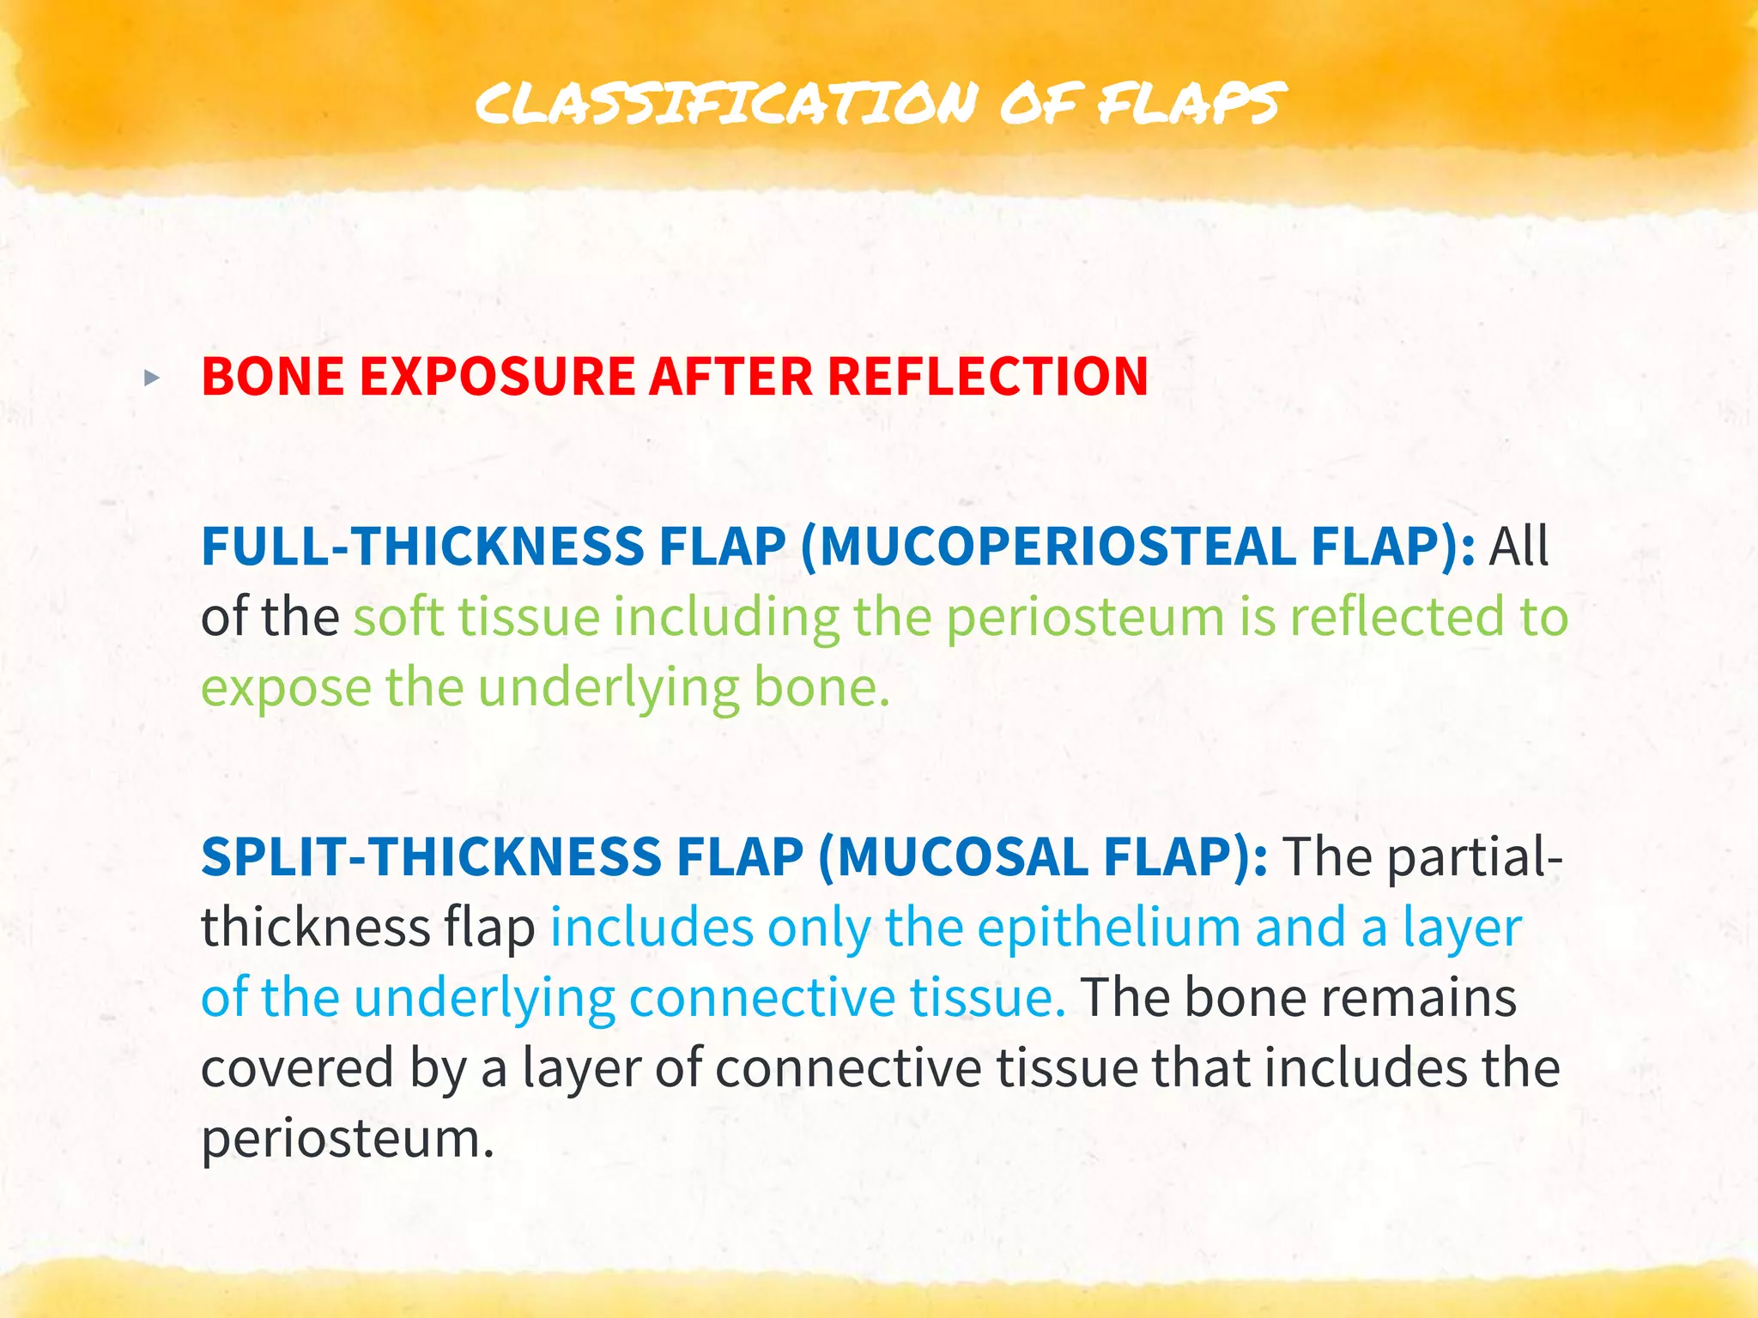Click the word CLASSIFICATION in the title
[x=726, y=103]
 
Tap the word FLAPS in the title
[x=1191, y=103]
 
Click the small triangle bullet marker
[x=152, y=378]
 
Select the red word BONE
[x=272, y=377]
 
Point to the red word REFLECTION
[x=987, y=377]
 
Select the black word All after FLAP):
[x=1519, y=546]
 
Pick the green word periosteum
[x=1085, y=618]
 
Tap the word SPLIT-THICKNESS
[x=430, y=856]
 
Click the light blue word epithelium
[x=1108, y=928]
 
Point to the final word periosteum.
[x=347, y=1140]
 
